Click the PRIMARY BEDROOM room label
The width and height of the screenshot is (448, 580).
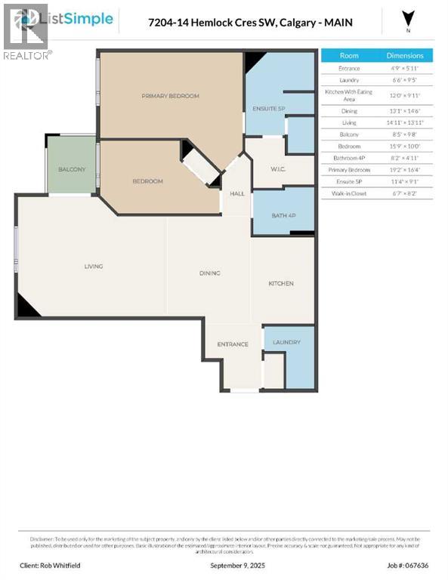(x=171, y=96)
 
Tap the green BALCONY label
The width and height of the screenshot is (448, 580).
(x=72, y=169)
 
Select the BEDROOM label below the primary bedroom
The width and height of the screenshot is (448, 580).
(x=147, y=181)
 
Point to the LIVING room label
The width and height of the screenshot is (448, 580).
(x=94, y=266)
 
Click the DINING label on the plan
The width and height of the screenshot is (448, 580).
(x=209, y=273)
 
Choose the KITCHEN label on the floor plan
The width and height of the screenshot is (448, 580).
(x=281, y=283)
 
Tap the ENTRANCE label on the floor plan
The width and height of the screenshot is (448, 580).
(x=233, y=344)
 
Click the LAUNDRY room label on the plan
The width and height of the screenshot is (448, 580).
(x=286, y=342)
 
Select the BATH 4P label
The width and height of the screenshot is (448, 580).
(x=283, y=216)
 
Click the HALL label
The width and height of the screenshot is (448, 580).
(x=237, y=194)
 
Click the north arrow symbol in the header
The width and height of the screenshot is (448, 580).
(x=408, y=20)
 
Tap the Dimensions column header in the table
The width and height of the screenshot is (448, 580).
(x=406, y=56)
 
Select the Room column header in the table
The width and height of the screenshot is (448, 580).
(x=349, y=56)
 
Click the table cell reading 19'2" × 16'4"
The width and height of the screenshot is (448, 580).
(x=406, y=170)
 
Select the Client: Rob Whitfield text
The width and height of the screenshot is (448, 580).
(x=50, y=565)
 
